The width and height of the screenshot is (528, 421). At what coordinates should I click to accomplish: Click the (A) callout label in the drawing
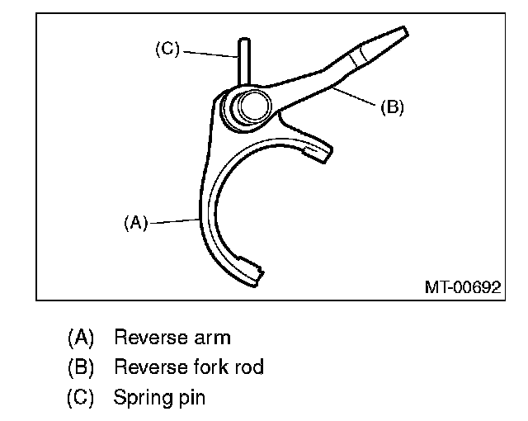135,222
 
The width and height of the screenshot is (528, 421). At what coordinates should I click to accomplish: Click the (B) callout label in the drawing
392,107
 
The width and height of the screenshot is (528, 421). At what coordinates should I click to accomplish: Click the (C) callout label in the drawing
167,50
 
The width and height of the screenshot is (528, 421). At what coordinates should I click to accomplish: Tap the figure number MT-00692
462,287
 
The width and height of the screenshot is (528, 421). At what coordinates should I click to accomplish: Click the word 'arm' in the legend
210,338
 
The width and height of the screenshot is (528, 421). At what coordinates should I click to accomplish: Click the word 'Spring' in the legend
141,398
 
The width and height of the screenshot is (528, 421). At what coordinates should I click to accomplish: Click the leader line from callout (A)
173,220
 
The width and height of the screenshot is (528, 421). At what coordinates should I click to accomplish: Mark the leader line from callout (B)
355,95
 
